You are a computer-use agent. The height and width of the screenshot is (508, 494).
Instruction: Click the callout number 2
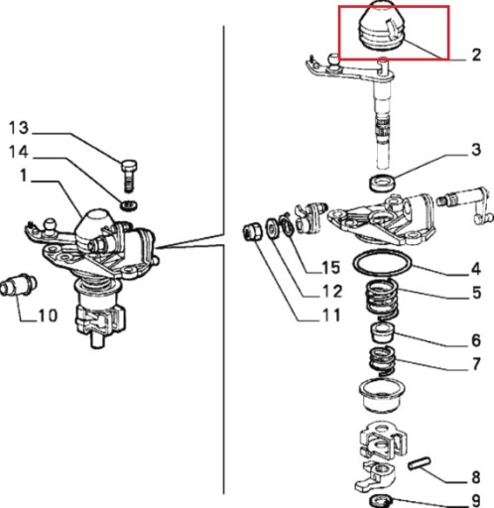476,55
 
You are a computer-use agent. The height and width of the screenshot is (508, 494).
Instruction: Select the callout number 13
19,128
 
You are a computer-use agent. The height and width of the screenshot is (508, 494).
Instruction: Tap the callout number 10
48,316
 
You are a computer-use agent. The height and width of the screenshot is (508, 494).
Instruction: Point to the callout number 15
330,267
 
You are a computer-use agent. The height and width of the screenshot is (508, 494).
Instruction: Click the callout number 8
475,477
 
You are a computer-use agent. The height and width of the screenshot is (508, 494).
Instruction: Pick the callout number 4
475,269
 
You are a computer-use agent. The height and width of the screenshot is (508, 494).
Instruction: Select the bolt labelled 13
129,176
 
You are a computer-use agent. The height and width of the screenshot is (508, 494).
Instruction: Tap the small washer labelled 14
129,205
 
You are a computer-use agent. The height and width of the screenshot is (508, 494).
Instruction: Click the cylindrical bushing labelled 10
18,285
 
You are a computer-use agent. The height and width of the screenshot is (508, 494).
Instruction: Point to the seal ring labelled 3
383,183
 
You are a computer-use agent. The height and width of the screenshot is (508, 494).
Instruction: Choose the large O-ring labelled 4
383,263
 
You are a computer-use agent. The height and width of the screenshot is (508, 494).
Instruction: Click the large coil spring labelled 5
382,300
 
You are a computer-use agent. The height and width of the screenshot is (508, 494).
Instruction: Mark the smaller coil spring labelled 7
382,360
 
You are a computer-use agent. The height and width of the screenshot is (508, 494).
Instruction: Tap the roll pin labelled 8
420,462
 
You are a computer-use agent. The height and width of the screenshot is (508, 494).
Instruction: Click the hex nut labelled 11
252,232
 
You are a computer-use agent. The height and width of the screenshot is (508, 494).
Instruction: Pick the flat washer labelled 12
273,228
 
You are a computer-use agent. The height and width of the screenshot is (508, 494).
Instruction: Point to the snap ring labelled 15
287,226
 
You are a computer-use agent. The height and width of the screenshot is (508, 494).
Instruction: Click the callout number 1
23,176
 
